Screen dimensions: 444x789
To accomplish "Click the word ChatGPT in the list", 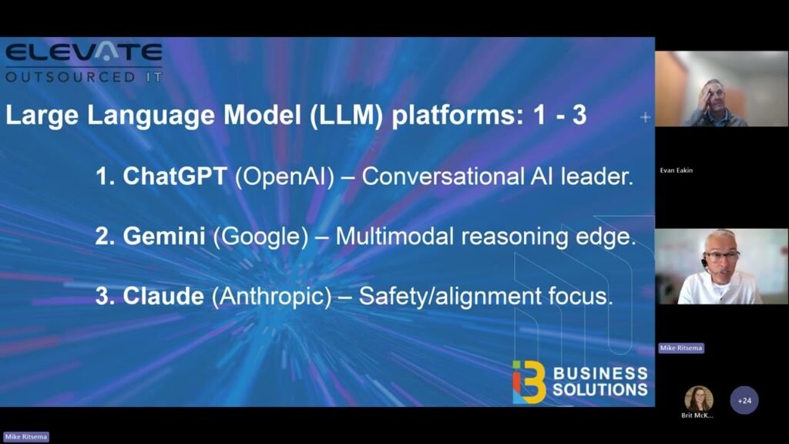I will [x=175, y=177].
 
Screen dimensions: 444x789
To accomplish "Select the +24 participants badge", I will [x=744, y=401].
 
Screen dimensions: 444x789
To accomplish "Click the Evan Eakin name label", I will [x=676, y=170].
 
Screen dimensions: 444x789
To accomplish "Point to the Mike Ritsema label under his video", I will [x=681, y=348].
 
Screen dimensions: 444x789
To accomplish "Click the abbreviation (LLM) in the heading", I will [x=338, y=116].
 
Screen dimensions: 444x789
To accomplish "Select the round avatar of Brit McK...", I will [x=699, y=399].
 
